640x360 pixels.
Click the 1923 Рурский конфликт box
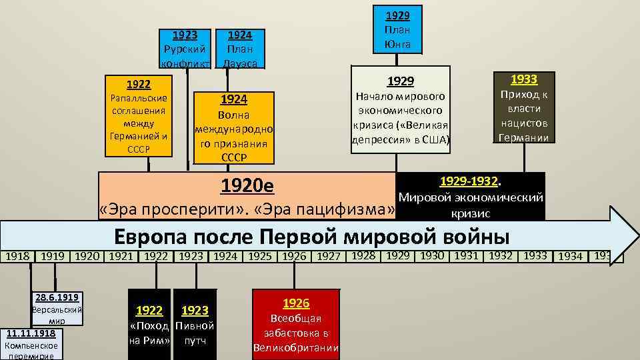pyautogui.click(x=186, y=48)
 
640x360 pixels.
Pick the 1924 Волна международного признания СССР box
pyautogui.click(x=233, y=128)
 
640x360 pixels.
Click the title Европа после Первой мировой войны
pyautogui.click(x=312, y=237)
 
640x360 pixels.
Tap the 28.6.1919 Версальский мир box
pyautogui.click(x=57, y=307)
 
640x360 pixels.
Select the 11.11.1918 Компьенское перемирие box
pyautogui.click(x=31, y=343)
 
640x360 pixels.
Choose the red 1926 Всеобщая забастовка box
pyautogui.click(x=296, y=325)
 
